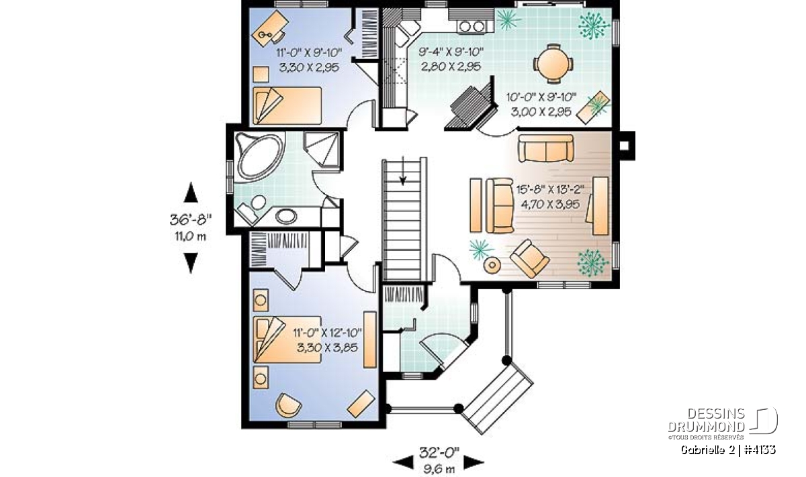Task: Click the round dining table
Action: coord(553,64)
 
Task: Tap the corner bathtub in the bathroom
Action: coord(259,157)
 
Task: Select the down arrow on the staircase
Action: coord(403,171)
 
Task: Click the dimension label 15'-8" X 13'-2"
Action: coord(550,189)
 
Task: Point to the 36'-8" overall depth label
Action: coord(190,219)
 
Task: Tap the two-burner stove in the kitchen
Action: coord(472,26)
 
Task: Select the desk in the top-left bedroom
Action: coord(270,28)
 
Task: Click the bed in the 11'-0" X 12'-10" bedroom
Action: coord(287,339)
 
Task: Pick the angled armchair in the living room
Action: coord(529,258)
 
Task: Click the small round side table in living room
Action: coord(492,266)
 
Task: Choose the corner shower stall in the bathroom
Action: coord(322,149)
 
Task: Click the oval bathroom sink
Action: coord(286,216)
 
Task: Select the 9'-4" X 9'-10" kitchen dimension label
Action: coord(451,52)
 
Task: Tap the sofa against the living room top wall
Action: coord(546,148)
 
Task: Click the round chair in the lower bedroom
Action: coord(288,405)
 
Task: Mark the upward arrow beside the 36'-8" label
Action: coord(191,193)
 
